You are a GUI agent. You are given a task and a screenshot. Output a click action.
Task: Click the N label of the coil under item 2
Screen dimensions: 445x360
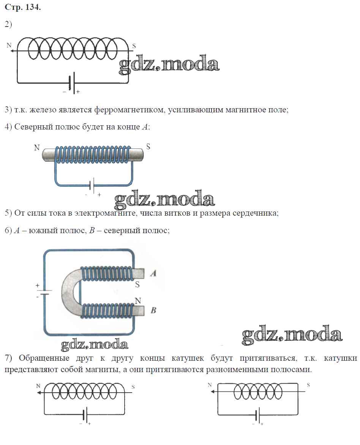9,46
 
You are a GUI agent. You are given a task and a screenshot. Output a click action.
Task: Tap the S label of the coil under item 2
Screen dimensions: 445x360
134,46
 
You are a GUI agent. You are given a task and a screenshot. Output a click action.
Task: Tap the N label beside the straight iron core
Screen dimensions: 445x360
37,148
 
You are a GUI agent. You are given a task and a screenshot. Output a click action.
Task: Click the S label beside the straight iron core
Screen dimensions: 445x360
148,146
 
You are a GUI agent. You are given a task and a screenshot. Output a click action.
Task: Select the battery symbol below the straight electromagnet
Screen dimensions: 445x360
92,186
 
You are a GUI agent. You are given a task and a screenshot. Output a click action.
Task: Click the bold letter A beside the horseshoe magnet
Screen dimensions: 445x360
153,273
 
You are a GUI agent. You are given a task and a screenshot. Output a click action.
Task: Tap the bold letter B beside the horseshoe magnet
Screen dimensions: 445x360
153,310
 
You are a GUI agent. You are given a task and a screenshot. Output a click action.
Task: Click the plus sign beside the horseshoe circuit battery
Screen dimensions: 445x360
37,285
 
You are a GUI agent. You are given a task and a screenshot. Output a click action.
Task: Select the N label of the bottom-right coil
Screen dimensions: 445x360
210,385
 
